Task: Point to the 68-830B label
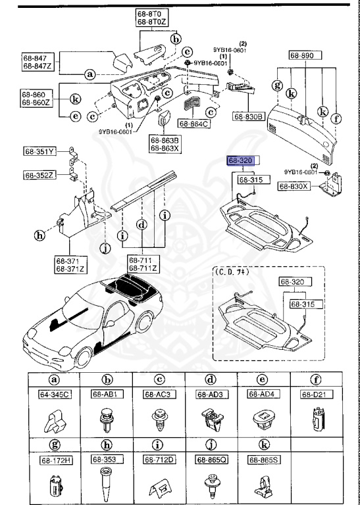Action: tap(248, 116)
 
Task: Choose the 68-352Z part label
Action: tap(41, 175)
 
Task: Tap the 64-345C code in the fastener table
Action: tap(53, 395)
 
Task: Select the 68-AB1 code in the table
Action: tap(106, 395)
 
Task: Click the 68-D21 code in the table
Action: tap(315, 395)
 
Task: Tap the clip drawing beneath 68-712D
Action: tap(159, 485)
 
